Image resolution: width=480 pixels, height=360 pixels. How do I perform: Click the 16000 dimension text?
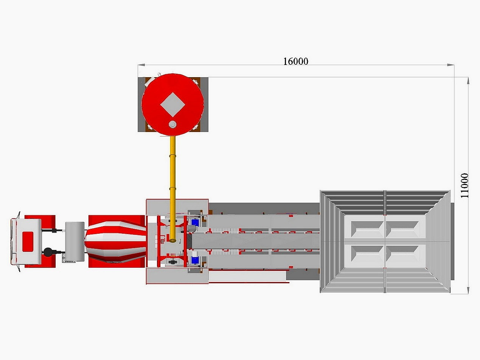296,61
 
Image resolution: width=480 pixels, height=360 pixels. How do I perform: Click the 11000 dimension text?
464,186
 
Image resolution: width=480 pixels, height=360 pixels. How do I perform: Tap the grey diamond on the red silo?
172,104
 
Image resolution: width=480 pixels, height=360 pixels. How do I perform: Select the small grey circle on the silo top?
172,124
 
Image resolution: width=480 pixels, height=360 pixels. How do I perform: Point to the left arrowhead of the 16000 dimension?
141,65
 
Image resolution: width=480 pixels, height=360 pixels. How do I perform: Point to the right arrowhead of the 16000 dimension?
451,65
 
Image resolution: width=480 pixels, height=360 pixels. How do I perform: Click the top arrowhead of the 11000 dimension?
468,81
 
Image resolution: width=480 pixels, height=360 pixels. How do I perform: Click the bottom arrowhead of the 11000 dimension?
468,290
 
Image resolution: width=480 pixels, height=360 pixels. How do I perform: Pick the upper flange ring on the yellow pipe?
172,156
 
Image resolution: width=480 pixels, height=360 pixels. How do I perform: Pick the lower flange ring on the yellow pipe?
172,188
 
